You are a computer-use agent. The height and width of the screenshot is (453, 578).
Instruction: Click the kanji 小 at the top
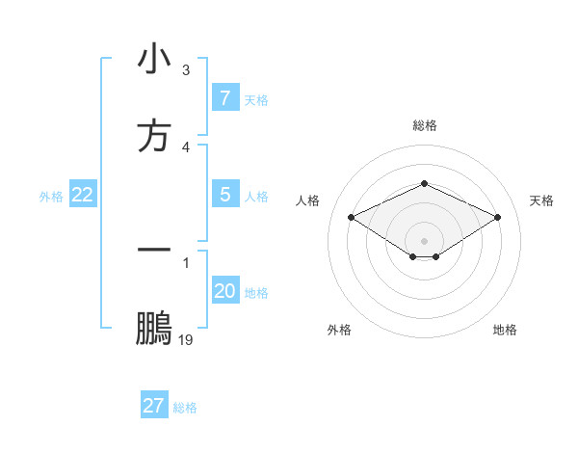tap(154, 60)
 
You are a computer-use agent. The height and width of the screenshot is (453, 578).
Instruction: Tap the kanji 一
tap(154, 250)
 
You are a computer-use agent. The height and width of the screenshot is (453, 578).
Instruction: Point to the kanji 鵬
tap(154, 329)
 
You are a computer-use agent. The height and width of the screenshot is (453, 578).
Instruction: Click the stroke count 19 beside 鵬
tap(186, 340)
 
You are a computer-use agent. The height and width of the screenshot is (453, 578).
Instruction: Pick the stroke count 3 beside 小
tap(186, 70)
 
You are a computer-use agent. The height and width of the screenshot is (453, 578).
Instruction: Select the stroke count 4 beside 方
tap(186, 147)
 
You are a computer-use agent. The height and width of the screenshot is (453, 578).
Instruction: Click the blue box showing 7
tap(224, 98)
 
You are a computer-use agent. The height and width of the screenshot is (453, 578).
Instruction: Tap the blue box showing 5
tap(224, 195)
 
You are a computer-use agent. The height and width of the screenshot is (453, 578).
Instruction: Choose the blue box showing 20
tap(224, 291)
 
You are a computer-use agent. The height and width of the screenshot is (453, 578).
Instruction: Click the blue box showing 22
tap(83, 195)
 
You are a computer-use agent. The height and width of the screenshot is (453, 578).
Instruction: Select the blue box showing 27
tap(154, 406)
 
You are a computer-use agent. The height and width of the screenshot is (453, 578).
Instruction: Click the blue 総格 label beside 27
tap(185, 408)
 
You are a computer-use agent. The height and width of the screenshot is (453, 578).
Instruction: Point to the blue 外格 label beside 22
tap(51, 197)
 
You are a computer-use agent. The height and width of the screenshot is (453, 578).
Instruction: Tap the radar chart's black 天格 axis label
tap(541, 200)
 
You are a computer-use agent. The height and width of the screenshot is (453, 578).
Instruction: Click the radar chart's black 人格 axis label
tap(308, 200)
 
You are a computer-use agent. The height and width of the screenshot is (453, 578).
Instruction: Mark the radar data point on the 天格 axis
tap(498, 217)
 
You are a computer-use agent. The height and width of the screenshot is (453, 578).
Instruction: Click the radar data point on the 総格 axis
tap(424, 183)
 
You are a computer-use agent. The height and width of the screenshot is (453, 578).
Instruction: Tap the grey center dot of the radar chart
tap(424, 241)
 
